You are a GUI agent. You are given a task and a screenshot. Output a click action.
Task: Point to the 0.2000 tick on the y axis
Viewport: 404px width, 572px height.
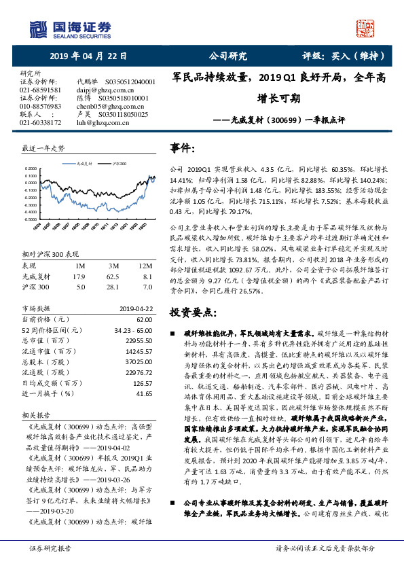pos(29,168)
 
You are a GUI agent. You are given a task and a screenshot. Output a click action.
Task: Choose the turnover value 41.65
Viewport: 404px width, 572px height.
pos(143,393)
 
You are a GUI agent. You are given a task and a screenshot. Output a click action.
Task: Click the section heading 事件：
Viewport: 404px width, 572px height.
pos(184,147)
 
